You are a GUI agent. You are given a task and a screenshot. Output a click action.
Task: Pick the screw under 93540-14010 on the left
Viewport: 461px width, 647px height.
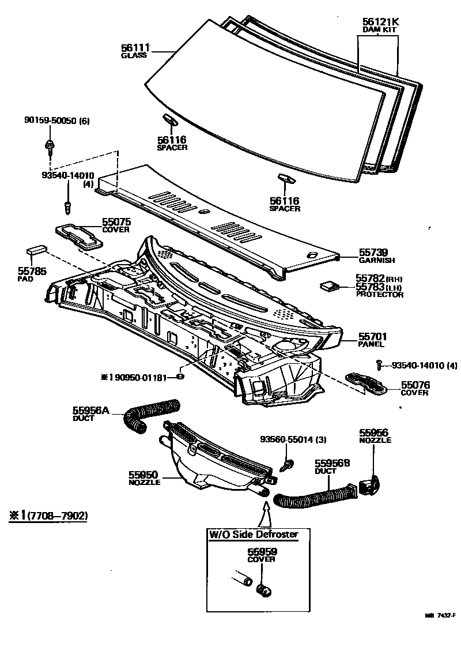[68, 204]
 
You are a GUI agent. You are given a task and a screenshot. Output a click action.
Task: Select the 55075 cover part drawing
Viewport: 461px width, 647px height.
[79, 236]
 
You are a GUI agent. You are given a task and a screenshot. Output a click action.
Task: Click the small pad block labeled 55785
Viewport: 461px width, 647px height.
[36, 251]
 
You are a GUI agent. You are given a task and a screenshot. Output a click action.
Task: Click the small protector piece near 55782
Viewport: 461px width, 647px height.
[329, 285]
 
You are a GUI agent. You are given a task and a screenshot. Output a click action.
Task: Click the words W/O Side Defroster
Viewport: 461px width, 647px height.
[254, 535]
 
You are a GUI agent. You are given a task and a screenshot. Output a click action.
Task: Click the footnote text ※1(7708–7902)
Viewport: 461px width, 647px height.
[47, 516]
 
